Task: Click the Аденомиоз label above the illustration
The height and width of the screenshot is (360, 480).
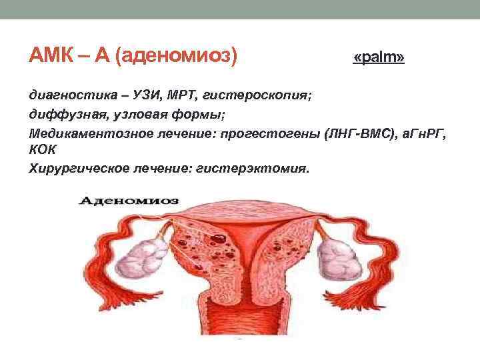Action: [133, 199]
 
